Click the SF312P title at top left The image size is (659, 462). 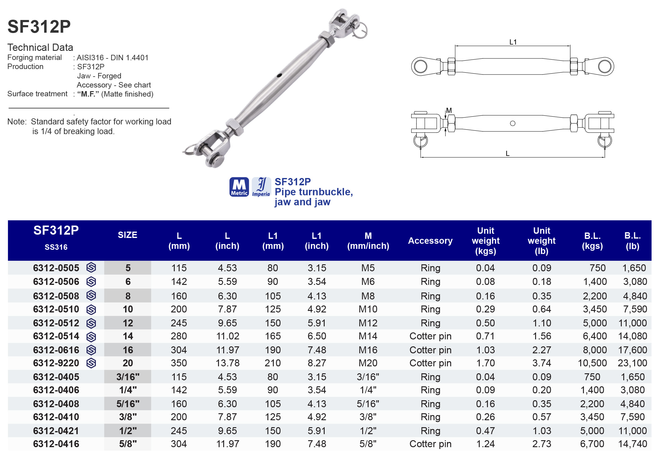pos(39,27)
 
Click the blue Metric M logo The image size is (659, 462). pos(239,187)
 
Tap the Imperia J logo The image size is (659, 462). pos(261,187)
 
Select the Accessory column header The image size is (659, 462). pos(430,241)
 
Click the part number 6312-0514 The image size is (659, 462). pos(56,336)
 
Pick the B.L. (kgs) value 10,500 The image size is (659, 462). pos(592,363)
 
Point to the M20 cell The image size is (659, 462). pos(368,363)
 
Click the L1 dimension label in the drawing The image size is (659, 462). pos(513,42)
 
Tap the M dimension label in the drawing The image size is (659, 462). pos(449,111)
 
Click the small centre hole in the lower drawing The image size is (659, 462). pos(512,123)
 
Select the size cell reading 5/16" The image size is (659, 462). pos(128,404)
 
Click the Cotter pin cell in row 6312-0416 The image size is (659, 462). pos(430,444)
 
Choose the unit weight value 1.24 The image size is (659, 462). pos(485,444)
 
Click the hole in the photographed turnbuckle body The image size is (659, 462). pos(279,75)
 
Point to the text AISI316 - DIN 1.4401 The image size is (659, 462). pos(112,58)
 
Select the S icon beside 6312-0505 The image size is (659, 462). pos(91,268)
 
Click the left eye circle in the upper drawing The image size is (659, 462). pos(421,66)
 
